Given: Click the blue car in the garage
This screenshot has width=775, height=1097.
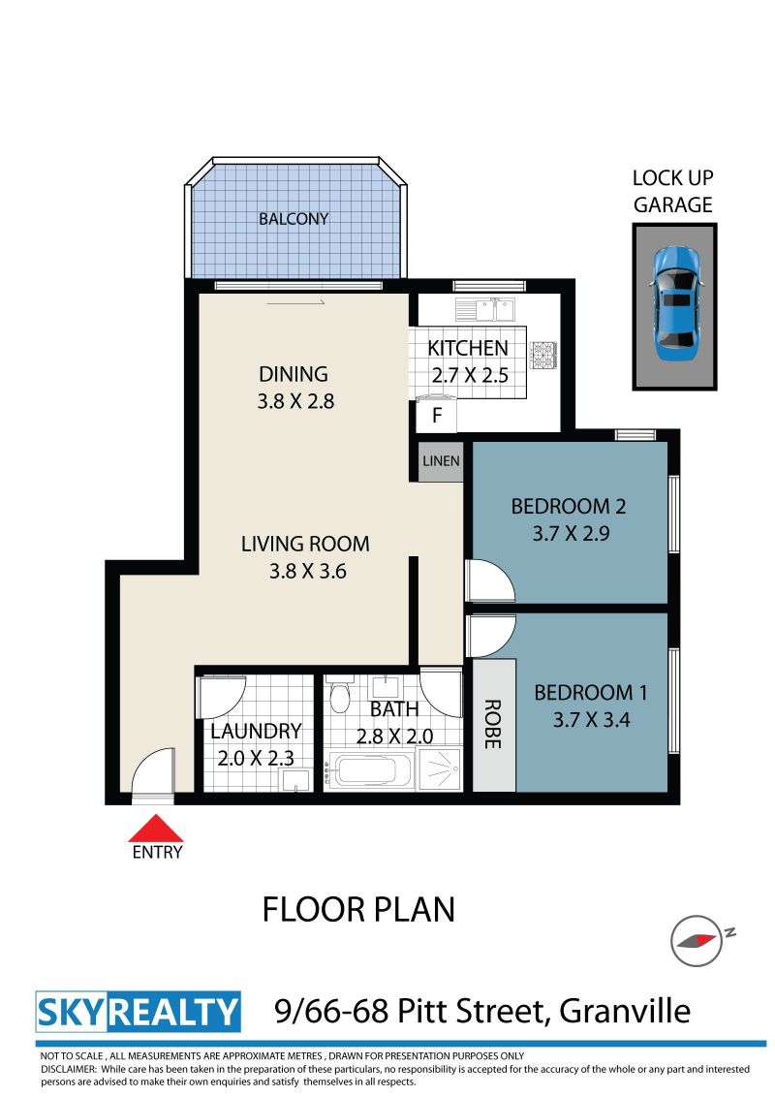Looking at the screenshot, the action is pyautogui.click(x=675, y=303).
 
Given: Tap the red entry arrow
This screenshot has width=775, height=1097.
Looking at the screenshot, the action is pyautogui.click(x=156, y=828).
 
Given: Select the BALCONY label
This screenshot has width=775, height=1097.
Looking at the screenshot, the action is pyautogui.click(x=294, y=219).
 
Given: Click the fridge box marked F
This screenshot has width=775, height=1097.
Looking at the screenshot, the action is pyautogui.click(x=437, y=416).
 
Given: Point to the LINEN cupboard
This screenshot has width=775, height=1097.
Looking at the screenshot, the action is pyautogui.click(x=441, y=461).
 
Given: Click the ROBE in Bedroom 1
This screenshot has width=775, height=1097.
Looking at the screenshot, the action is pyautogui.click(x=494, y=725).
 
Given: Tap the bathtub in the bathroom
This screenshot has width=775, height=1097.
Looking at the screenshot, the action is pyautogui.click(x=369, y=770).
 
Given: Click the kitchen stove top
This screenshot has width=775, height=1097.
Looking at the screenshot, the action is pyautogui.click(x=542, y=354).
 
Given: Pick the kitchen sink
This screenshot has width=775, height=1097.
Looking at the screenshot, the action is pyautogui.click(x=484, y=309).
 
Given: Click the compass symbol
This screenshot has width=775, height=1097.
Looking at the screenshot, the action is pyautogui.click(x=697, y=940).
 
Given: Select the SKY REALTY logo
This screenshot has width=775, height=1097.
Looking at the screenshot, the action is pyautogui.click(x=138, y=1012).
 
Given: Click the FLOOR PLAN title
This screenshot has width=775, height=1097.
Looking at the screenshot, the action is pyautogui.click(x=358, y=910).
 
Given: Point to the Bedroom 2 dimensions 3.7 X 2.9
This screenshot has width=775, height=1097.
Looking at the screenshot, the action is pyautogui.click(x=571, y=533).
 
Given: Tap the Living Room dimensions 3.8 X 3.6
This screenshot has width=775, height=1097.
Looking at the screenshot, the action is pyautogui.click(x=308, y=571).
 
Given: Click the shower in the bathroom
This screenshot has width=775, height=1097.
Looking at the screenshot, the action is pyautogui.click(x=439, y=768).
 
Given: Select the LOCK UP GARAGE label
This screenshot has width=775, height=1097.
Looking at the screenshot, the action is pyautogui.click(x=673, y=191).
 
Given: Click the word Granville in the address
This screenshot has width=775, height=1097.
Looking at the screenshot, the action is pyautogui.click(x=625, y=1011).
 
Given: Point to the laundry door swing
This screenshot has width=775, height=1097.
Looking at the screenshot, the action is pyautogui.click(x=221, y=696).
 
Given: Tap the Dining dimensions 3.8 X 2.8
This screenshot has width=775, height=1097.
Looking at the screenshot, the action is pyautogui.click(x=295, y=401).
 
